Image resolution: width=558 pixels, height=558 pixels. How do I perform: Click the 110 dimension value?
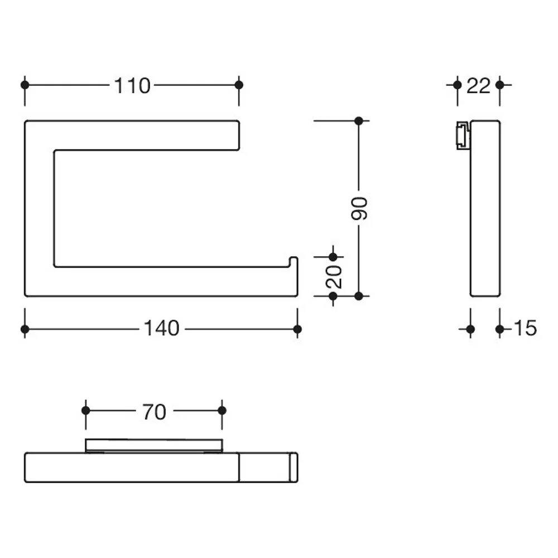click(x=132, y=86)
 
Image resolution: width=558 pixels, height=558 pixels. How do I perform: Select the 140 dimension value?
click(x=162, y=328)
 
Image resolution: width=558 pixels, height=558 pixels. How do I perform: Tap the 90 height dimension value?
click(x=359, y=209)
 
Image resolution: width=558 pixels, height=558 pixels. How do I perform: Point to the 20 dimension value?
click(x=334, y=277)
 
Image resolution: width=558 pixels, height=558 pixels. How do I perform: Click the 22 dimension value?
click(x=478, y=86)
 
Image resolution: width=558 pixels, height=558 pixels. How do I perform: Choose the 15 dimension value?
click(x=525, y=328)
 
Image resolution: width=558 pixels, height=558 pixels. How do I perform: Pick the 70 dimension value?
click(x=154, y=412)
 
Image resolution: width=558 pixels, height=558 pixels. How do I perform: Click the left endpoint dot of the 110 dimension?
click(x=25, y=85)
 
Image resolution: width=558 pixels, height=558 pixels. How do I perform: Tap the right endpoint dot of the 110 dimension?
click(x=239, y=85)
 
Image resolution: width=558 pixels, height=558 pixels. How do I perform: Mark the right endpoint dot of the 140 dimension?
click(x=297, y=329)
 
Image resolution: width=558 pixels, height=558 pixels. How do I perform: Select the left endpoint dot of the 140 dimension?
click(x=25, y=329)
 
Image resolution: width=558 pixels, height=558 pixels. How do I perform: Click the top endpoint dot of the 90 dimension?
click(x=359, y=121)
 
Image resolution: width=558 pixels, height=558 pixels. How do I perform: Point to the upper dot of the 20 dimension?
click(x=333, y=257)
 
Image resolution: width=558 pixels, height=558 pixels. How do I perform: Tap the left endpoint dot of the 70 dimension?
click(x=86, y=411)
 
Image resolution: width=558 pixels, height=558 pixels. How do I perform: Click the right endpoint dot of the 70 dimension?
click(x=222, y=411)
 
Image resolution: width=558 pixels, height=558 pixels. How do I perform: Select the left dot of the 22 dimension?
click(x=458, y=85)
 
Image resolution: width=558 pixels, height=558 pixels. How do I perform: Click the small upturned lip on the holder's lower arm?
click(x=294, y=262)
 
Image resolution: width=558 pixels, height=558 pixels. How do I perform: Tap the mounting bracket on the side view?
click(x=463, y=136)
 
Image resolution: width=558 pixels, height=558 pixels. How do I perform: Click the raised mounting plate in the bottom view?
click(x=154, y=445)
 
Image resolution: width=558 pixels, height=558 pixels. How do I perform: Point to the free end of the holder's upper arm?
click(x=238, y=135)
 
